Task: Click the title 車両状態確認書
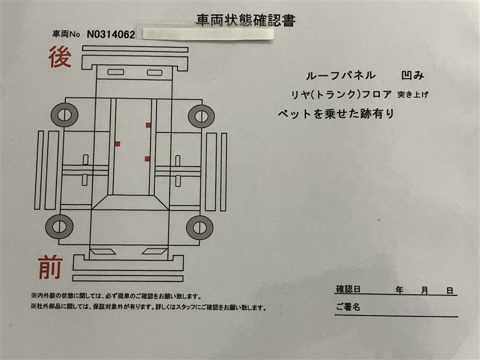click(246, 20)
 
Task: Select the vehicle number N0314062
click(111, 34)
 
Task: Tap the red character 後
click(60, 56)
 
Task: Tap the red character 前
click(50, 268)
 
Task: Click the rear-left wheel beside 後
click(65, 115)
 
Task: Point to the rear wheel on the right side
click(201, 116)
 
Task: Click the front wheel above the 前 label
click(59, 227)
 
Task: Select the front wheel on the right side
click(200, 228)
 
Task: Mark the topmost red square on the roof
click(148, 125)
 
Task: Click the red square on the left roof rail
click(117, 144)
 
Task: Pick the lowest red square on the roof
click(147, 158)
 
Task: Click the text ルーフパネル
click(341, 76)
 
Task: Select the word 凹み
click(413, 76)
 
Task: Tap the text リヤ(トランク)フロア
click(341, 94)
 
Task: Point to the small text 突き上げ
click(413, 95)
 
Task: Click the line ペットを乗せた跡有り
click(336, 114)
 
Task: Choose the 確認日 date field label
click(348, 289)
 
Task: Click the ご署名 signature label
click(348, 307)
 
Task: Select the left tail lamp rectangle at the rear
click(116, 72)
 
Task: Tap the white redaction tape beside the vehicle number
click(208, 34)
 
